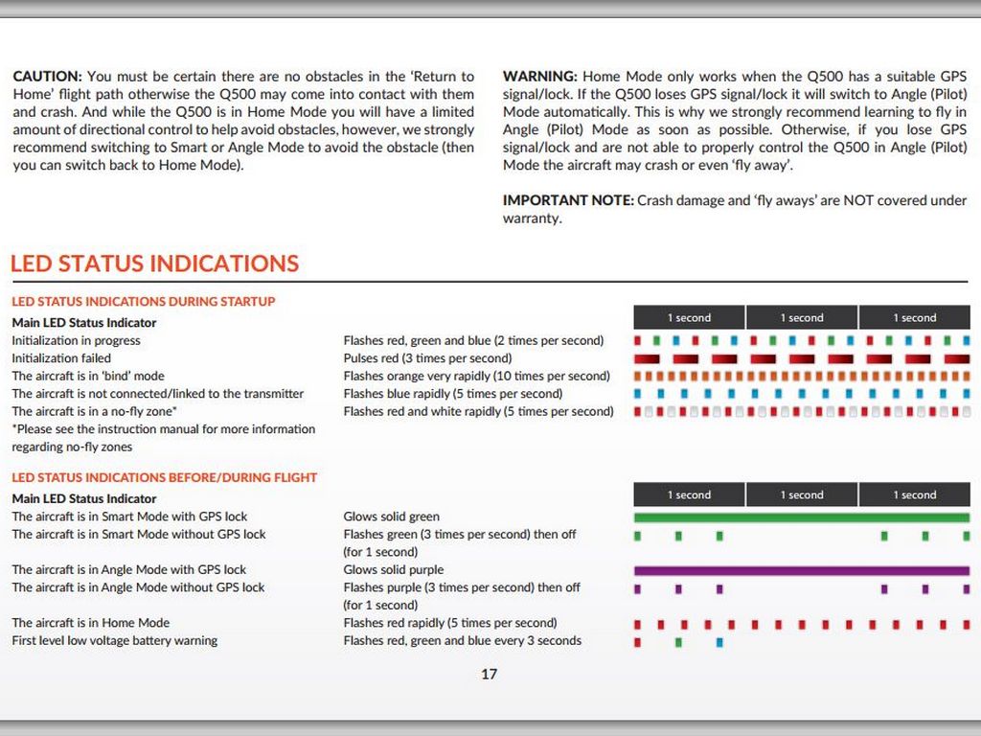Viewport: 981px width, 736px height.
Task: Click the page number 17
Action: click(x=489, y=674)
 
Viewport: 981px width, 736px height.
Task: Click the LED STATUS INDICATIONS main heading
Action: click(x=154, y=264)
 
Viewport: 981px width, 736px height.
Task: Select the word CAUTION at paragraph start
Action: click(x=47, y=76)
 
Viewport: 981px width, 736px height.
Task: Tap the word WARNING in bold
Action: click(x=539, y=76)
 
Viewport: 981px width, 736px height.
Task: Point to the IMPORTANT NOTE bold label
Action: click(x=568, y=200)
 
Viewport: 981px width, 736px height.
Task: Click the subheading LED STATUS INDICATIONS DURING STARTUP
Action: click(x=143, y=301)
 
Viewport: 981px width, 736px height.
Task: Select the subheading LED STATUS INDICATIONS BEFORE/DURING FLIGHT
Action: click(x=164, y=477)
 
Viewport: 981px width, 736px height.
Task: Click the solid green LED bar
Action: click(x=801, y=517)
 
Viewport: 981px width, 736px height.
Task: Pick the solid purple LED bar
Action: click(x=801, y=570)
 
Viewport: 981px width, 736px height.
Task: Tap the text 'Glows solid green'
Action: click(x=391, y=517)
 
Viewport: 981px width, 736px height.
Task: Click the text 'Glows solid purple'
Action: click(x=393, y=569)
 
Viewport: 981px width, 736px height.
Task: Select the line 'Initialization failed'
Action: click(x=61, y=357)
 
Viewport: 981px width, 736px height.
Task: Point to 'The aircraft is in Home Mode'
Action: click(x=90, y=622)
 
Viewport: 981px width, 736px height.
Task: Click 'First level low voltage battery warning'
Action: click(x=114, y=640)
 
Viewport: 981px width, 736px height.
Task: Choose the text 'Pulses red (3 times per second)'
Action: click(x=427, y=357)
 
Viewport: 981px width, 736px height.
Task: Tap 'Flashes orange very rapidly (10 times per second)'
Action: click(x=476, y=376)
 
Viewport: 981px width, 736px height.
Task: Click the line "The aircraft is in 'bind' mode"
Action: click(x=88, y=376)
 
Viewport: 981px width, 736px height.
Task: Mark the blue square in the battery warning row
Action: click(x=719, y=641)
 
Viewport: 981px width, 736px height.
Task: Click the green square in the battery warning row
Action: click(x=678, y=641)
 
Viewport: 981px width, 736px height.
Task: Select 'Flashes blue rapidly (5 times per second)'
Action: click(x=453, y=393)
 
